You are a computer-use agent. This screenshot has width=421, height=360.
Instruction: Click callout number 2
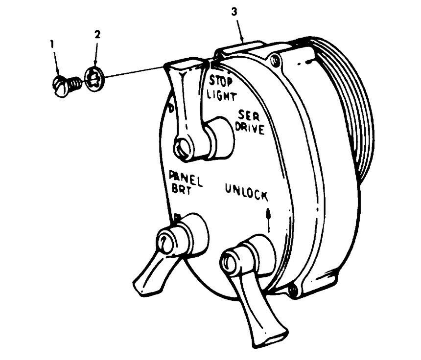(x=97, y=35)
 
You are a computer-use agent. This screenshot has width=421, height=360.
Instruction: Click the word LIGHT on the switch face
(x=221, y=95)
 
